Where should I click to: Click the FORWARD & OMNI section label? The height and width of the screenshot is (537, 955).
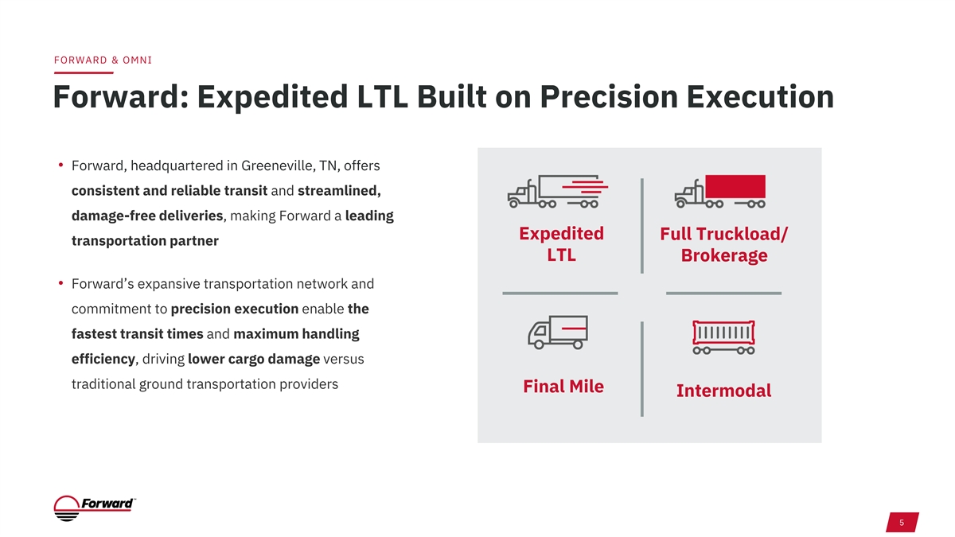103,60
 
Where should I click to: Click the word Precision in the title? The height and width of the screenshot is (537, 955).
609,97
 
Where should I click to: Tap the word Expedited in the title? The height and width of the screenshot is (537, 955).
272,98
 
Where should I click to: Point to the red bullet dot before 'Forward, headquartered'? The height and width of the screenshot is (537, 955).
61,165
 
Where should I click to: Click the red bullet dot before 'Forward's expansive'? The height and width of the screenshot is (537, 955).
61,282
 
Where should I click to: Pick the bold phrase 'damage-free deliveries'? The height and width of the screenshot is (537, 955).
147,216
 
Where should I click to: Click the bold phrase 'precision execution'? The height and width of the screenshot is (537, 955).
235,309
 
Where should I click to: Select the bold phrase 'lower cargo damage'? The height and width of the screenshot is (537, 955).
254,359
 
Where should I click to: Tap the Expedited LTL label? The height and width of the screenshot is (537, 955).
561,244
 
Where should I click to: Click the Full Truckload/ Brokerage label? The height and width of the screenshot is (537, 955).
724,245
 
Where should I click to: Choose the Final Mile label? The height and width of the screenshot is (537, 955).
563,386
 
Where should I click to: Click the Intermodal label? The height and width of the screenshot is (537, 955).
724,391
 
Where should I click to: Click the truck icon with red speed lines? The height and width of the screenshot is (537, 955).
558,192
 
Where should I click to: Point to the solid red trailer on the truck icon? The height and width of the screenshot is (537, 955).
735,186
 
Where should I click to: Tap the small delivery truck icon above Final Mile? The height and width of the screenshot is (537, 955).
558,333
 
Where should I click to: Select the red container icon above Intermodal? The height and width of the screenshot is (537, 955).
723,337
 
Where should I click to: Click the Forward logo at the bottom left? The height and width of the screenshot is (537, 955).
95,508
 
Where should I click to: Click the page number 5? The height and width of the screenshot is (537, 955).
902,523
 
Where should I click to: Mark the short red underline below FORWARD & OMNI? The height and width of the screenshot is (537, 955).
84,73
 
